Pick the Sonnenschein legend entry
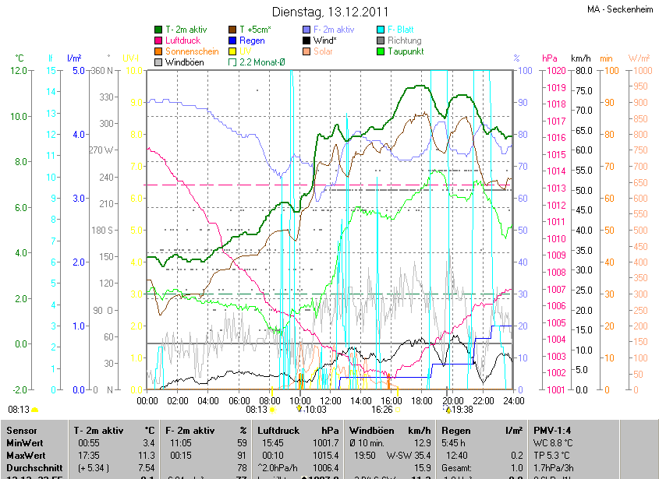(x=192, y=51)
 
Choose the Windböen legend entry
(x=184, y=62)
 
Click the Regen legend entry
(x=252, y=41)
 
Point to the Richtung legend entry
(x=404, y=41)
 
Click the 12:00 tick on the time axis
(x=330, y=400)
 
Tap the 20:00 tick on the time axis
(x=452, y=400)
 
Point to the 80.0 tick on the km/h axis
(x=581, y=71)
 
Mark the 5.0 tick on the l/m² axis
(x=77, y=71)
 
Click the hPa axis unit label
(x=550, y=58)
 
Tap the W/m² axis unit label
(x=639, y=58)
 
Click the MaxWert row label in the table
(x=24, y=455)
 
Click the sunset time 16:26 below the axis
(x=382, y=409)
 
